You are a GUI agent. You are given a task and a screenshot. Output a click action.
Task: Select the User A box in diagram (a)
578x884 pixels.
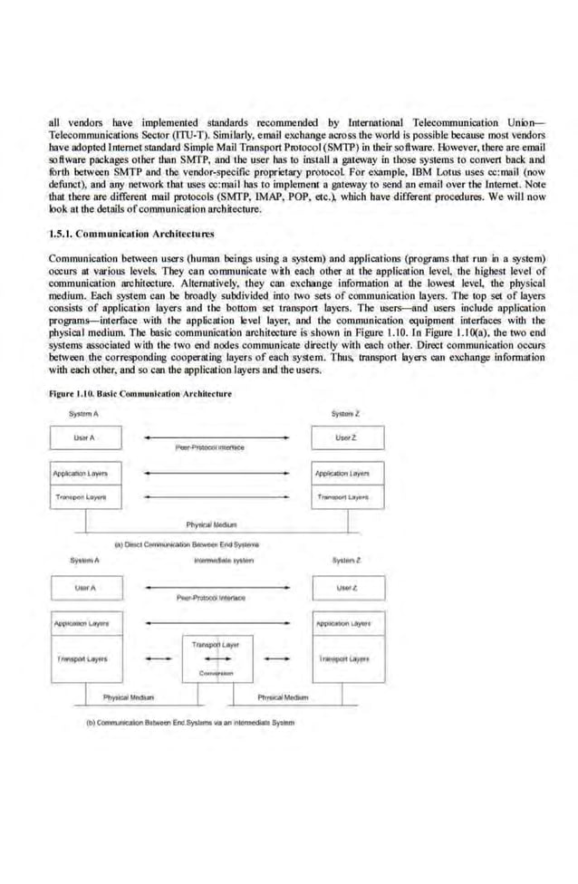coord(84,437)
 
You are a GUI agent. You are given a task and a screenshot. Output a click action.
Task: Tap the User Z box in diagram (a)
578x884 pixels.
coord(347,437)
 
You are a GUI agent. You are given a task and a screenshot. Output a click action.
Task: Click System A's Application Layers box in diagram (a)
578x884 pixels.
coord(84,473)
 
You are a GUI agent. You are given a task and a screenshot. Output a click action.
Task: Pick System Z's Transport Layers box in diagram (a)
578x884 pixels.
coord(347,497)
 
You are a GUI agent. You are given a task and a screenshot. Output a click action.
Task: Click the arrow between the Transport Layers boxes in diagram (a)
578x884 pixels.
coord(217,497)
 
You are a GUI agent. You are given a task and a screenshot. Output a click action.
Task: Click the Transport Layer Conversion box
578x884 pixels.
coord(216,658)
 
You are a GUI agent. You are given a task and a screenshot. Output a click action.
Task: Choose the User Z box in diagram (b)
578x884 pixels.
coord(347,588)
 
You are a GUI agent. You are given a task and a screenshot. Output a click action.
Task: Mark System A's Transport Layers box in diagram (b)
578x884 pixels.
coord(84,658)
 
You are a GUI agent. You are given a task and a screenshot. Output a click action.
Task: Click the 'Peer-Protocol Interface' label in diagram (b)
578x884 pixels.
coord(209,599)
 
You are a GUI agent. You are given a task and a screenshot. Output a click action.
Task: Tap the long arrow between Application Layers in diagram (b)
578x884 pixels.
coord(217,623)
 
